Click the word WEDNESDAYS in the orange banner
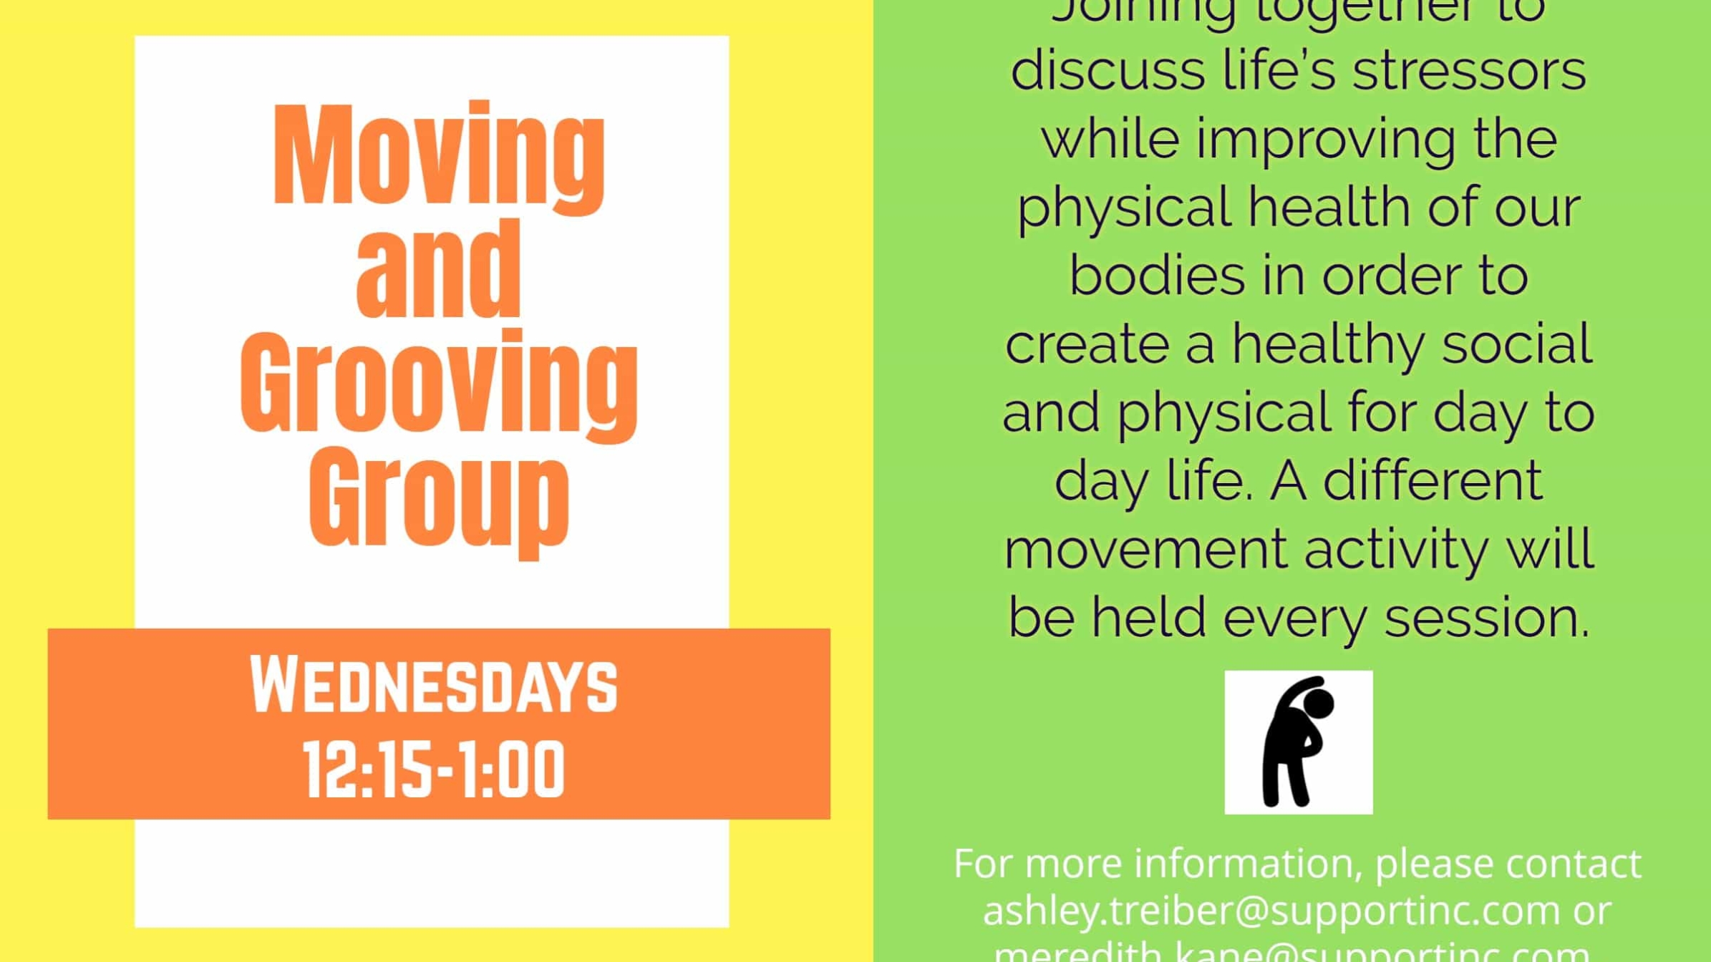tap(433, 686)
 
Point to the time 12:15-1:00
tap(434, 771)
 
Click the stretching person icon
tap(1298, 742)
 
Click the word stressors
tap(1468, 72)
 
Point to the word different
tap(1432, 481)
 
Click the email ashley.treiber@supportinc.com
tap(1271, 910)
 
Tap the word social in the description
tap(1517, 344)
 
